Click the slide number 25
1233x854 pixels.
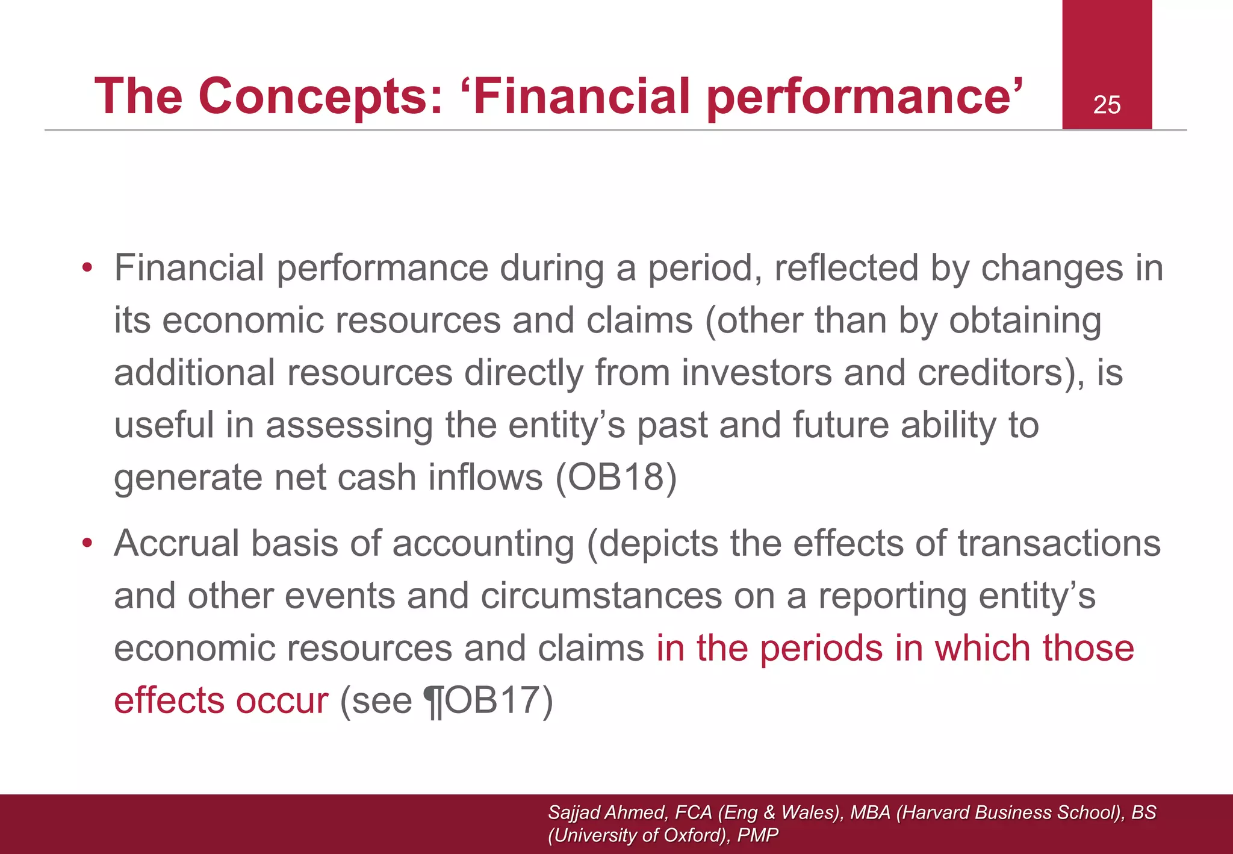point(1107,105)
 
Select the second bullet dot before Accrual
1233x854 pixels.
point(88,544)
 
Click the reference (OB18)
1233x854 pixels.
point(615,477)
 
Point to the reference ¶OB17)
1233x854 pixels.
point(488,700)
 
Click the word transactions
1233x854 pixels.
point(1059,544)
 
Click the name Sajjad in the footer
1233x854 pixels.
point(574,812)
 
